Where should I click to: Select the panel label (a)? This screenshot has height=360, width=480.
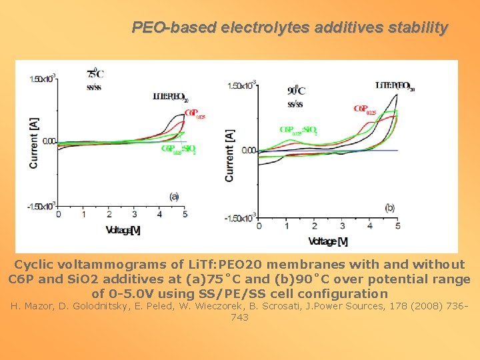coord(175,196)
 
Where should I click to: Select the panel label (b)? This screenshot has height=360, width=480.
coord(389,207)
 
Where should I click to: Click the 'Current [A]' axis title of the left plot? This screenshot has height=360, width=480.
coord(33,143)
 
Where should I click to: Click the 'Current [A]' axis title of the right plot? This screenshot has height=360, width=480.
coord(230,155)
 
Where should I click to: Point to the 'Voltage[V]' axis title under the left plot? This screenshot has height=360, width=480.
coord(123,230)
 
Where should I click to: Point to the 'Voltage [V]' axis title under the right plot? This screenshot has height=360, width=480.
coord(328,241)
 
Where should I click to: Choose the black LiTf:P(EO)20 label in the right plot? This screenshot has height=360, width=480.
coord(395,85)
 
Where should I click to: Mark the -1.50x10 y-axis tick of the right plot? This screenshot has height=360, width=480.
coord(241,218)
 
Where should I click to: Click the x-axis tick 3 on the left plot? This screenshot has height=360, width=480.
coord(135,215)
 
